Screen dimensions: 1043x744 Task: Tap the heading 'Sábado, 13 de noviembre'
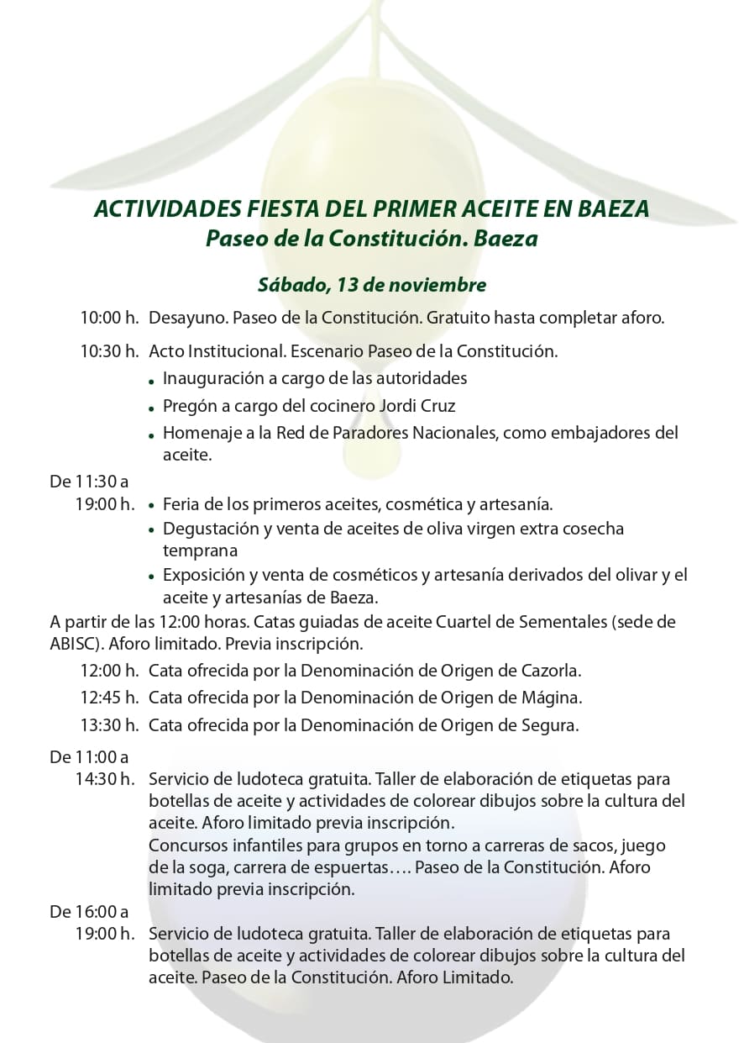pyautogui.click(x=371, y=285)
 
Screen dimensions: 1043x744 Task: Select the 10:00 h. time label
pyautogui.click(x=109, y=319)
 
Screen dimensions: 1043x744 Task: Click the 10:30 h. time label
pyautogui.click(x=109, y=351)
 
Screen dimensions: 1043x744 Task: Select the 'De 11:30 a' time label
pyautogui.click(x=89, y=482)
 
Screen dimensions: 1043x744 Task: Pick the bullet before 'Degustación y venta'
pyautogui.click(x=151, y=531)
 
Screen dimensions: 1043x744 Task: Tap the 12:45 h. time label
pyautogui.click(x=109, y=697)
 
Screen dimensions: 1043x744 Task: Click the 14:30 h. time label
pyautogui.click(x=104, y=779)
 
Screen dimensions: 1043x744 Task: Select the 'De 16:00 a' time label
pyautogui.click(x=89, y=911)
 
